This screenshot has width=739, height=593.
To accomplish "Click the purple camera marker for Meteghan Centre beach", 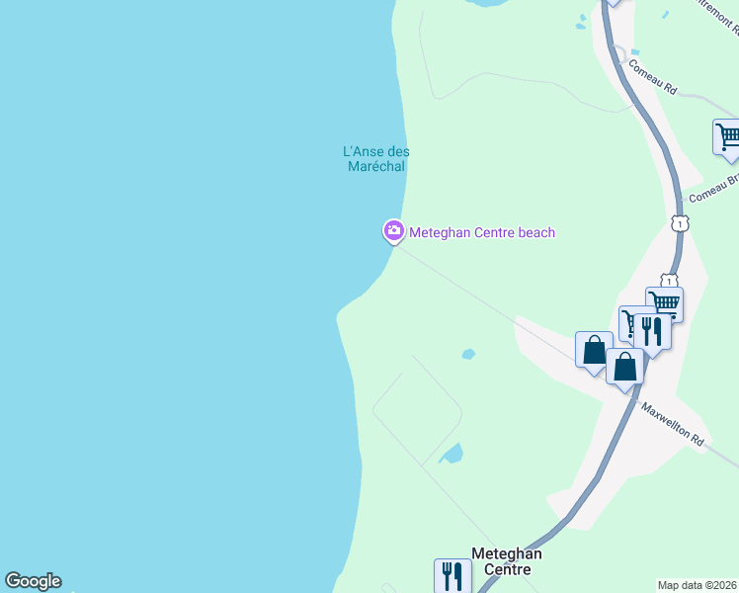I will (x=393, y=231).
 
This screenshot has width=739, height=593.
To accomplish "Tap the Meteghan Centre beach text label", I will (x=482, y=233).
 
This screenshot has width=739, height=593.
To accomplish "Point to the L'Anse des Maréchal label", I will (x=375, y=159).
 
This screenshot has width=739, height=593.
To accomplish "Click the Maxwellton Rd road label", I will (x=672, y=423).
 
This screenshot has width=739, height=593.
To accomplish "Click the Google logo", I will (x=33, y=581).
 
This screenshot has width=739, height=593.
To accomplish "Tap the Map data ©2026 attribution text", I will (x=698, y=584).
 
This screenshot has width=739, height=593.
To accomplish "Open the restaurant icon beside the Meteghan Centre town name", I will (x=452, y=575).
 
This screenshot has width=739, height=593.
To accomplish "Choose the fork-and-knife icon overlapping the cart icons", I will (x=652, y=330).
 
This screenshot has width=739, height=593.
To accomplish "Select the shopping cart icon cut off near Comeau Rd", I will (x=727, y=136).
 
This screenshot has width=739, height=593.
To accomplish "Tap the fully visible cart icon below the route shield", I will (x=665, y=303).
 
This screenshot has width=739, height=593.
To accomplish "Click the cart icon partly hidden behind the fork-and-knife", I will (x=630, y=321).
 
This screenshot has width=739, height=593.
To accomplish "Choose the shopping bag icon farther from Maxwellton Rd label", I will (x=594, y=349).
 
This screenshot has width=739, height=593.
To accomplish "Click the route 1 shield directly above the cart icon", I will (x=670, y=281).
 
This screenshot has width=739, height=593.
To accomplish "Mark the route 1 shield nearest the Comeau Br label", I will (x=679, y=223).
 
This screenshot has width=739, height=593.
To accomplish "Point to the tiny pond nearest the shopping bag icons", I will (x=468, y=354).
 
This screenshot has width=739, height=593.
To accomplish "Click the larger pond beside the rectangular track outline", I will (x=452, y=454).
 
